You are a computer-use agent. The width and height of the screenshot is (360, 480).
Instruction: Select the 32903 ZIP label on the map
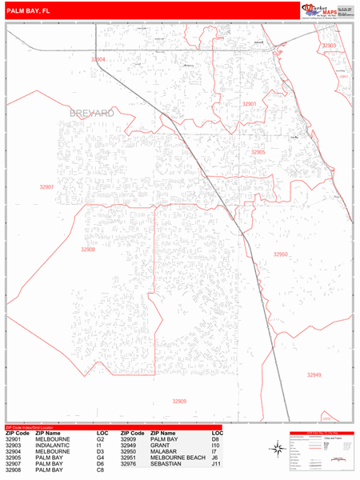(x=329, y=46)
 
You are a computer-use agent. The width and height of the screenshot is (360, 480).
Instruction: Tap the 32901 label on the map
(x=250, y=104)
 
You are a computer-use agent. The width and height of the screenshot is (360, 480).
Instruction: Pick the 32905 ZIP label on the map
(x=258, y=151)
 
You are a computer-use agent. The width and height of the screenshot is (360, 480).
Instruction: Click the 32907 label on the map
(x=46, y=186)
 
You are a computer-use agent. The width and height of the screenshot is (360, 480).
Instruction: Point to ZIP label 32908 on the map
(x=88, y=249)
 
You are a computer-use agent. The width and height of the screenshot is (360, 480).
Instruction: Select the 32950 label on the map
(x=280, y=254)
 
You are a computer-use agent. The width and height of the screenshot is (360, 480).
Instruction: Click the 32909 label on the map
(x=178, y=401)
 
